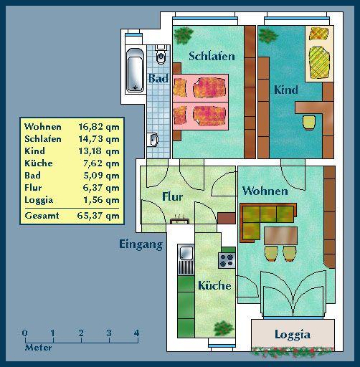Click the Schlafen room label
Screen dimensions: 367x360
click(212, 57)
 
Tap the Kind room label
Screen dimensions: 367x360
click(285, 90)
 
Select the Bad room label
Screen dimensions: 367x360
click(158, 78)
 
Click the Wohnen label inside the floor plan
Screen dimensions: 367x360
click(265, 191)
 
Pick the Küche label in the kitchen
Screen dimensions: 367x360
click(214, 285)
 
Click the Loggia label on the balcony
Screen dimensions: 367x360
click(292, 335)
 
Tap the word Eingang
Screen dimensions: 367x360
click(141, 244)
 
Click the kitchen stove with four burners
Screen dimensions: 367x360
click(227, 259)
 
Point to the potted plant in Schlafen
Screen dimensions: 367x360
click(184, 34)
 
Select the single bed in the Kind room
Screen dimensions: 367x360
click(318, 53)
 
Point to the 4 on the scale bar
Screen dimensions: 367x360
click(136, 333)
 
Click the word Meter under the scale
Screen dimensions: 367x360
click(38, 348)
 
